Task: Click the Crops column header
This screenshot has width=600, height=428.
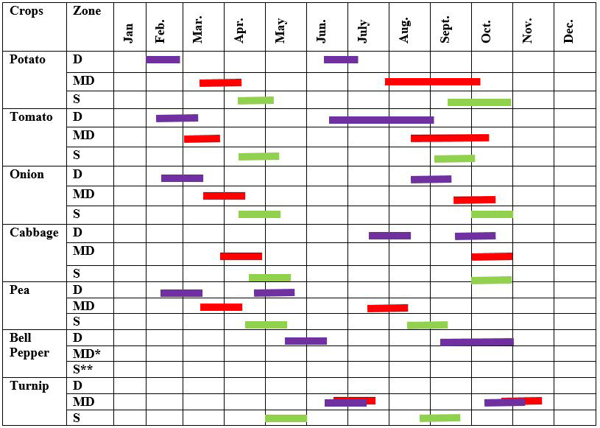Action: click(27, 12)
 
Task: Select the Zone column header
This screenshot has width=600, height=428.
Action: click(87, 11)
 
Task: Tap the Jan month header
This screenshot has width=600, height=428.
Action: click(129, 33)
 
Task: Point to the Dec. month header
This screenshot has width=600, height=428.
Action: click(568, 31)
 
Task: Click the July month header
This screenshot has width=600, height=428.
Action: click(362, 31)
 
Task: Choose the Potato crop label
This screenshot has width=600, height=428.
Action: click(27, 60)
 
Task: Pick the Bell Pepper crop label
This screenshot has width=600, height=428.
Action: click(29, 345)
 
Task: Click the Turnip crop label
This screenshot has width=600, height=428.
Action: click(29, 385)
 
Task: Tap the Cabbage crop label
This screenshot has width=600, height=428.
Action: click(34, 233)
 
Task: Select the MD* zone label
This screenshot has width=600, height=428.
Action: click(86, 354)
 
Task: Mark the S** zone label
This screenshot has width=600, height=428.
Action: click(82, 369)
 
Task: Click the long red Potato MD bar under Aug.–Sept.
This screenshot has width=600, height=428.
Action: click(432, 82)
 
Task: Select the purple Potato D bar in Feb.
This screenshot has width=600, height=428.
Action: click(163, 60)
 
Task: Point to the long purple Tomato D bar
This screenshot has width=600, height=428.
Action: click(381, 120)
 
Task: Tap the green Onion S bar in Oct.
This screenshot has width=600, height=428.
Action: click(492, 214)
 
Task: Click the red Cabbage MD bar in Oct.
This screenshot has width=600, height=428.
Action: click(492, 256)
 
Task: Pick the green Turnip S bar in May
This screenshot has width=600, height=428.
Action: click(286, 418)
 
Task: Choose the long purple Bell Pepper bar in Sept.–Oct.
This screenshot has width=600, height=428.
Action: click(477, 342)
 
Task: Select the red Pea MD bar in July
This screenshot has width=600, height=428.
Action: click(388, 308)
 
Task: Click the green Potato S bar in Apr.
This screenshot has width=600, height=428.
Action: click(255, 101)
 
